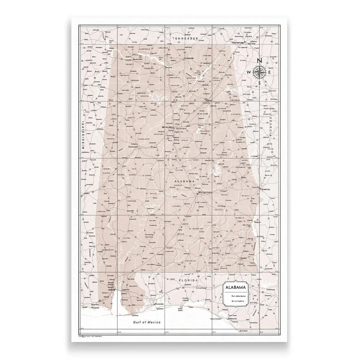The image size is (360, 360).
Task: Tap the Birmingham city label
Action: [168, 127]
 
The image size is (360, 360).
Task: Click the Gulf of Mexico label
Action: [147, 322]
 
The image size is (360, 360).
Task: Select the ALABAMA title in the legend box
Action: [236, 287]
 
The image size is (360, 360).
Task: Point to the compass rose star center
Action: [260, 72]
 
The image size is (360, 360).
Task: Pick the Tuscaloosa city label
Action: [133, 147]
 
